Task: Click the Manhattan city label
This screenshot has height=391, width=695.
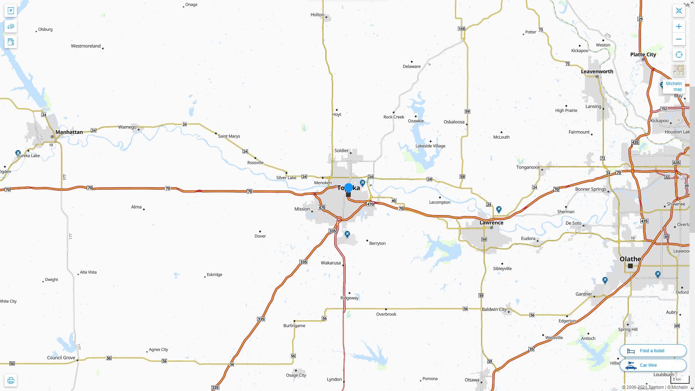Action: pos(69,132)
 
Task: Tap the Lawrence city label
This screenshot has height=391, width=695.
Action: pos(491,223)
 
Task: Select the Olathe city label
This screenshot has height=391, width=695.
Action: pos(630,259)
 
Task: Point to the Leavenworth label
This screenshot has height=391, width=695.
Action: pos(597,71)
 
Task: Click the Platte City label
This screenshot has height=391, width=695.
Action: pos(643,54)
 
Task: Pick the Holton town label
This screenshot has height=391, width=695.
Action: pos(317,15)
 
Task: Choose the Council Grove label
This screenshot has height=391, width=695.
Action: pos(61,358)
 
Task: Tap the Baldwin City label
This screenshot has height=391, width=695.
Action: pos(494,309)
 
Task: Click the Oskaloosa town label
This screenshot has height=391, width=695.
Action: pos(454,122)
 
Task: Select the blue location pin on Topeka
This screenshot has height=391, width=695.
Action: pos(348,188)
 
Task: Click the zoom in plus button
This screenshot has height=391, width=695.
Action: pos(679,26)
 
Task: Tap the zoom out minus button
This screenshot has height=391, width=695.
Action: pos(679,39)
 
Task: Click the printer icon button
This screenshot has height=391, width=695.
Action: pos(10,381)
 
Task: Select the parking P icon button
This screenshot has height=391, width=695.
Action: pos(10,10)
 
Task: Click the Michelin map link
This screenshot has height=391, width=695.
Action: pos(674,86)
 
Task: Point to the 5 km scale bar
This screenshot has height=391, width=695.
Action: pos(679,379)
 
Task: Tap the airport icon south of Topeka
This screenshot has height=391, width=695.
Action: pos(347,234)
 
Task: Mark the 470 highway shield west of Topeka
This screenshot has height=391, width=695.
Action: pos(322,207)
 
